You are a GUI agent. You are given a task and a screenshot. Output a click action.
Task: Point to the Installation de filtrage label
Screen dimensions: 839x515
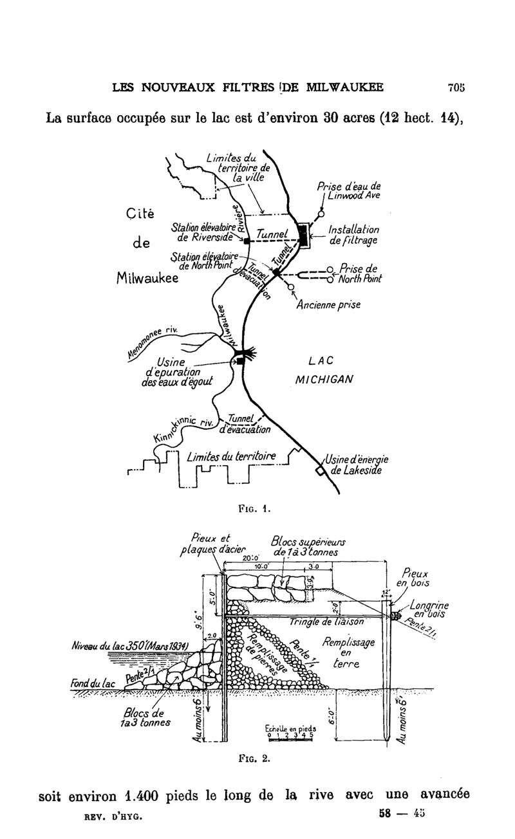pyautogui.click(x=353, y=235)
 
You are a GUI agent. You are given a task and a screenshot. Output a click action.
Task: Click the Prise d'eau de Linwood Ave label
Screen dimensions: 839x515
pyautogui.click(x=349, y=191)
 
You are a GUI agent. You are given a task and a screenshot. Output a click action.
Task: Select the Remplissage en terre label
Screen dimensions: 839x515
pyautogui.click(x=343, y=653)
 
